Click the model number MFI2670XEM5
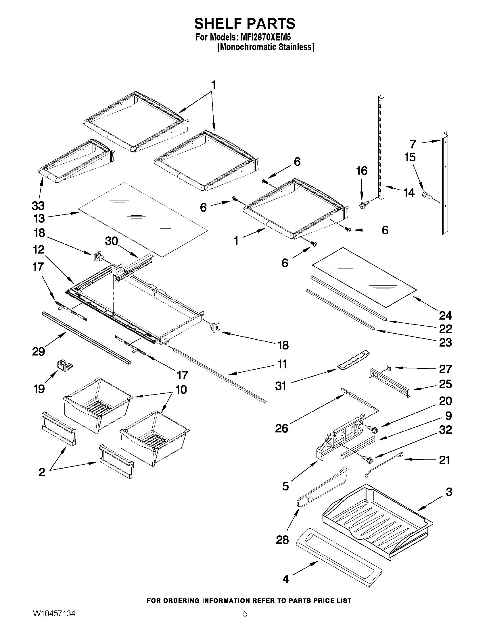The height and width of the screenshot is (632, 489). [264, 37]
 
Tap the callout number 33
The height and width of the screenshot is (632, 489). [38, 206]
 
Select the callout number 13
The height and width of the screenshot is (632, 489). [39, 219]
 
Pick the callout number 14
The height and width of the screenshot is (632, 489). [409, 192]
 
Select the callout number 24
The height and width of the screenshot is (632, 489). [445, 315]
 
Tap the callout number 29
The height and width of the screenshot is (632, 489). [39, 351]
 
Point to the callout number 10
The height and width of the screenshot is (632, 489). [181, 389]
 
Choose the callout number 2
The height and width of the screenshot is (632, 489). [42, 472]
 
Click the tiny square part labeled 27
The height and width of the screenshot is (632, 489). [388, 368]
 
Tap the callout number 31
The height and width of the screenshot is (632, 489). [280, 386]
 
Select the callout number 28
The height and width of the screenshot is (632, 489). [282, 540]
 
